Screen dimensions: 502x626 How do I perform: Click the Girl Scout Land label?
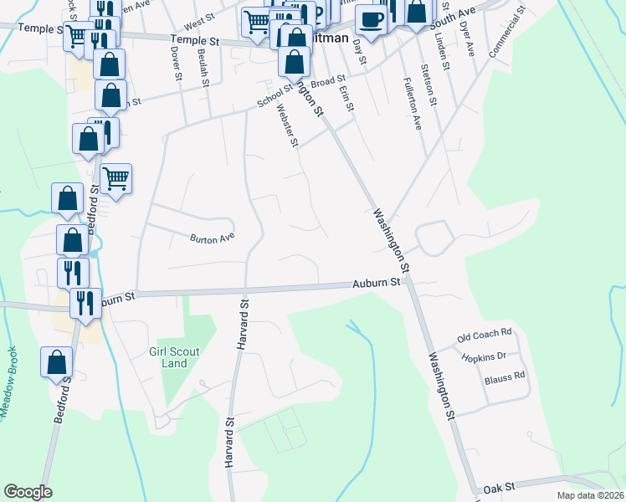pyautogui.click(x=174, y=357)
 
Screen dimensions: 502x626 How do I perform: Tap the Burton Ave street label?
pyautogui.click(x=209, y=238)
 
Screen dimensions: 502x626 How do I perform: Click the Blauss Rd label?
pyautogui.click(x=505, y=376)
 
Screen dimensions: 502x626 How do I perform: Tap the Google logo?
pyautogui.click(x=28, y=492)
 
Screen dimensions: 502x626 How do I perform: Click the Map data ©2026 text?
pyautogui.click(x=589, y=495)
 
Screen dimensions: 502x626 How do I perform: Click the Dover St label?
pyautogui.click(x=177, y=63)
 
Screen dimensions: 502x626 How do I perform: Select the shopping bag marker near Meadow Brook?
pyautogui.click(x=57, y=363)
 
